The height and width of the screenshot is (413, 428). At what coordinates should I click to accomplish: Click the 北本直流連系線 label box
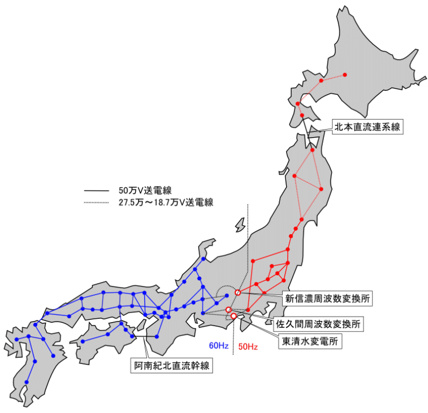pos(367,127)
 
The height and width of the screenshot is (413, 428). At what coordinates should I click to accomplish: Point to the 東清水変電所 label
pos(310,341)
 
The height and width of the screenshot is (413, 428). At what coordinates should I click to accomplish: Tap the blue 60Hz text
pos(218,346)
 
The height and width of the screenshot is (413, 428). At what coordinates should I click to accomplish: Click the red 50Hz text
pos(248,347)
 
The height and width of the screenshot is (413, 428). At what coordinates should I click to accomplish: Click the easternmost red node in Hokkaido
pos(345,75)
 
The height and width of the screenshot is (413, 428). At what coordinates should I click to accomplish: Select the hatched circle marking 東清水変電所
pos(233,316)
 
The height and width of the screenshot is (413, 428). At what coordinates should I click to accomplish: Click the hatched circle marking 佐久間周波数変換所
pos(228,309)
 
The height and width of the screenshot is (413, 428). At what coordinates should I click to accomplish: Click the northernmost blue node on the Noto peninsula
pos(203,259)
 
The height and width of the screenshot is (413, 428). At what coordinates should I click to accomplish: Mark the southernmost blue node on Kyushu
pos(26,382)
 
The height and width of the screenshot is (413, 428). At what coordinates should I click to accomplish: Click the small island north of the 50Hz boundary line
pos(240,225)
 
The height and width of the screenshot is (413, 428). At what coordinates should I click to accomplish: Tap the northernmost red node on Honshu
pos(312,150)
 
